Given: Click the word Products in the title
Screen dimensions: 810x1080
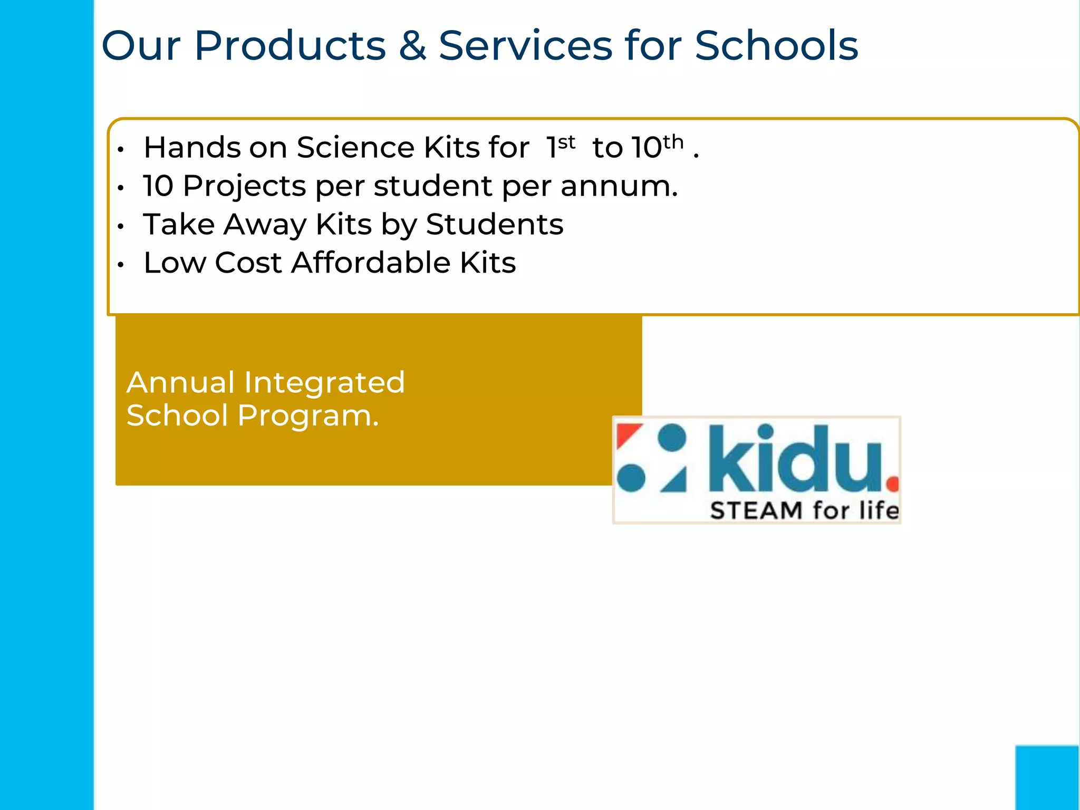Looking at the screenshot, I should pyautogui.click(x=290, y=46).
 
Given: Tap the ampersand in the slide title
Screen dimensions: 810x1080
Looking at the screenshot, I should pyautogui.click(x=412, y=46).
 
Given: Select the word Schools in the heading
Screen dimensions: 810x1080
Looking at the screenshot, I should pyautogui.click(x=776, y=46).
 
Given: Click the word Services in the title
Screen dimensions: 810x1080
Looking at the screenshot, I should pyautogui.click(x=525, y=46).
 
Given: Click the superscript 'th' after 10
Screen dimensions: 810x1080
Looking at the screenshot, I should pyautogui.click(x=673, y=142).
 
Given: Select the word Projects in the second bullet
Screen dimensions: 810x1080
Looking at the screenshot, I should pyautogui.click(x=244, y=186).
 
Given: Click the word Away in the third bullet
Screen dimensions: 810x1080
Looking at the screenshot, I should pyautogui.click(x=265, y=225).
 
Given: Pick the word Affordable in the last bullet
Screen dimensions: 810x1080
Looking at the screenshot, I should pyautogui.click(x=370, y=263).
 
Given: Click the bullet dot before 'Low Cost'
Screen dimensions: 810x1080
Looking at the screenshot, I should pyautogui.click(x=121, y=265).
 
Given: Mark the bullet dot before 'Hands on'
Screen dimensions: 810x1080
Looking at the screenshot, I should pyautogui.click(x=121, y=150).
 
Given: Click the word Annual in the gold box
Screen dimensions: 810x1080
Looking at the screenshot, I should pyautogui.click(x=180, y=382).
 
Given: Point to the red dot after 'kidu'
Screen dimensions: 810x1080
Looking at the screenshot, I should pyautogui.click(x=892, y=483).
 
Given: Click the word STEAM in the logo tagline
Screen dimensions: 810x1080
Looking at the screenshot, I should pyautogui.click(x=756, y=510).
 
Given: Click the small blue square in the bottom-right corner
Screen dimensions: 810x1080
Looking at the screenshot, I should pyautogui.click(x=1047, y=777).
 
